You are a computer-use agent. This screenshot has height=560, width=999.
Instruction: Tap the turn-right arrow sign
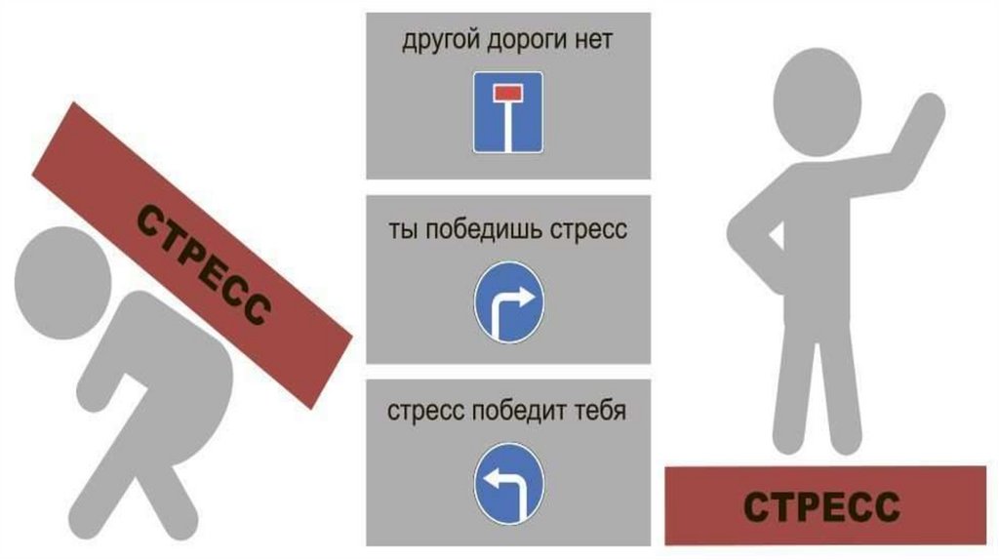[507, 301]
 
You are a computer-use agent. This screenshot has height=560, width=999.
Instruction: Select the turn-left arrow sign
[507, 482]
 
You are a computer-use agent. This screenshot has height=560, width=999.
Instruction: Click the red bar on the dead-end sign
[507, 92]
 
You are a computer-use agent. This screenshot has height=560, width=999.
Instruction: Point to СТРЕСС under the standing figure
[820, 507]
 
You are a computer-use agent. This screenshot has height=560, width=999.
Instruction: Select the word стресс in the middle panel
[588, 232]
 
